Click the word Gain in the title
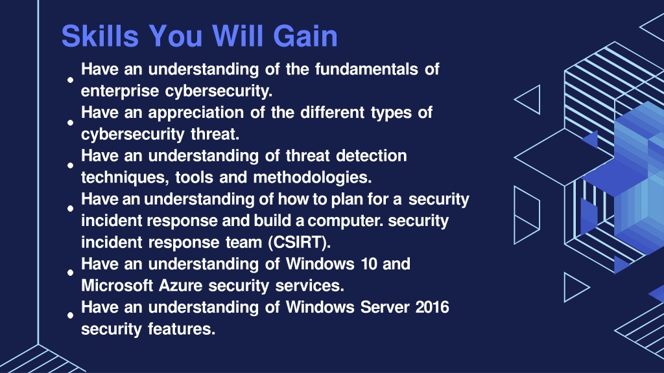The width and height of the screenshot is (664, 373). pos(305,36)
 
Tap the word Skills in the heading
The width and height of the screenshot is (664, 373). pos(100,36)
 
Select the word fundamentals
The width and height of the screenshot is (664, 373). pos(366,69)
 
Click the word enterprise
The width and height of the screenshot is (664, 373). pos(120,91)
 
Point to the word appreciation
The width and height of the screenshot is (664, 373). pos(196,113)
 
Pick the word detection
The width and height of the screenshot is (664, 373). pos(372,155)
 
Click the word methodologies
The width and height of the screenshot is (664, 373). pos(312,177)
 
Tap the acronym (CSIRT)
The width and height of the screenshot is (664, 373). pos(299,242)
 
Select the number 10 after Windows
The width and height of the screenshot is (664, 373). pos(368,264)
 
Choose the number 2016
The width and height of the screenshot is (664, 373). pos(432,308)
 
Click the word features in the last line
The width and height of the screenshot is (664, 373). pos(182,329)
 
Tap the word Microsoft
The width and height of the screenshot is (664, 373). pos(117,286)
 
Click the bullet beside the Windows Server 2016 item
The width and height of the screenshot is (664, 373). pos(70,315)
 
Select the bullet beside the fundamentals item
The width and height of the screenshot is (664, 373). pos(70,80)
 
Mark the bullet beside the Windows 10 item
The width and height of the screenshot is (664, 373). pos(70,273)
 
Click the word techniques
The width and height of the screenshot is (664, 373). pos(124,177)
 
